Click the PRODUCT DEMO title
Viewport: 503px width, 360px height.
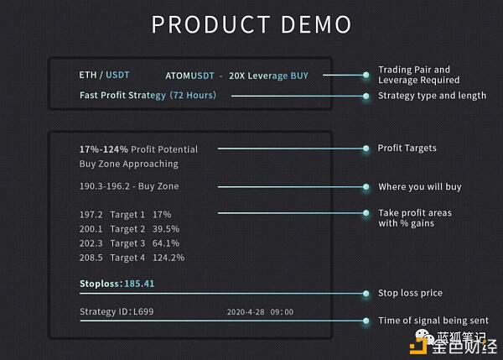[x=251, y=23]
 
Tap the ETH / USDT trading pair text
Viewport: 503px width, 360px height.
[x=105, y=76]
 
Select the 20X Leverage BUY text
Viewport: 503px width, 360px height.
[x=268, y=76]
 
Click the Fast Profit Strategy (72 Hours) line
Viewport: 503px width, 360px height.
[x=148, y=96]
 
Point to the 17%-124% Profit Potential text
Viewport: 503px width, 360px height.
[x=138, y=149]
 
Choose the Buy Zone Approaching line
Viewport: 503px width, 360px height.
[x=128, y=164]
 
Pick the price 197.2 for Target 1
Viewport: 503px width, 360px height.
[x=91, y=214]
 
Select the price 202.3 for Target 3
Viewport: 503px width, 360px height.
[x=91, y=243]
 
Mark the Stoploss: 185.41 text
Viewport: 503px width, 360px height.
[x=117, y=284]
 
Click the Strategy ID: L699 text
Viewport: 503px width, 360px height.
[x=117, y=312]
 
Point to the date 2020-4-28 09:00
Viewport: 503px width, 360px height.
[x=260, y=312]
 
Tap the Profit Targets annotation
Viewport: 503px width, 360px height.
[x=407, y=149]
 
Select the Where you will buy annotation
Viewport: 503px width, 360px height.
[x=419, y=186]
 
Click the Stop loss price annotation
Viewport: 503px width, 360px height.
[x=410, y=293]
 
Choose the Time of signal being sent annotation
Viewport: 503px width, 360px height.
[x=433, y=321]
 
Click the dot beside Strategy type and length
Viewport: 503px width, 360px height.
[x=366, y=96]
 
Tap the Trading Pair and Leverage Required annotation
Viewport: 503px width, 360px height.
[x=418, y=75]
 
